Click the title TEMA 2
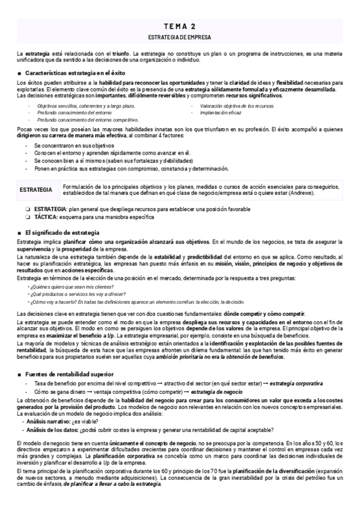point(180,26)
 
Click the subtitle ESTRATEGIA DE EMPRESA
point(180,37)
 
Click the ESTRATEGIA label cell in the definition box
point(35,189)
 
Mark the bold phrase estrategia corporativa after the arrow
point(296,383)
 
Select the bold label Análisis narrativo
point(46,422)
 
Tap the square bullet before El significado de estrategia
point(20,233)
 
